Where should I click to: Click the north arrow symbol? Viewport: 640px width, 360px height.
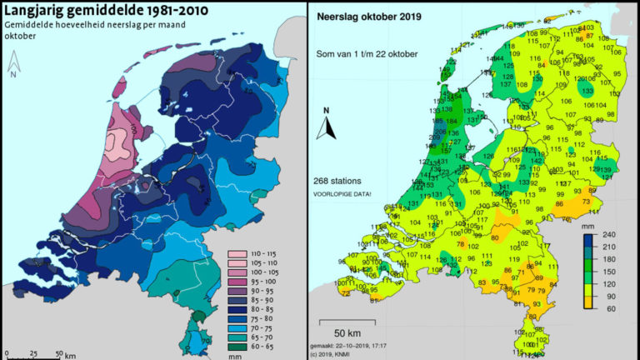[x=327, y=125]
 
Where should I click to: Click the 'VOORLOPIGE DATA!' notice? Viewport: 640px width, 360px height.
[x=342, y=193]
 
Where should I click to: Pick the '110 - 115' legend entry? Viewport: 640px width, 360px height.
[x=263, y=250]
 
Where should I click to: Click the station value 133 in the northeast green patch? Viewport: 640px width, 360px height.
[x=587, y=90]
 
